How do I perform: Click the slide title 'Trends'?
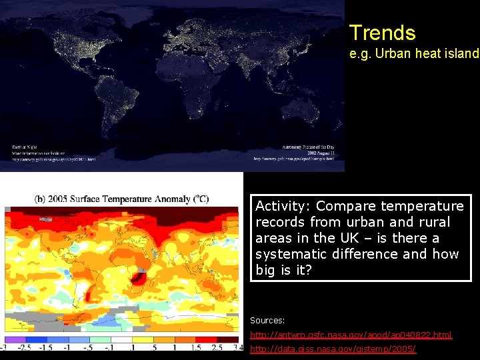tap(382, 33)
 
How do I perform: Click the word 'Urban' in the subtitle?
tap(393, 54)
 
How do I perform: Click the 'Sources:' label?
tap(267, 320)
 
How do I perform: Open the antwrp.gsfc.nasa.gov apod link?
tap(351, 335)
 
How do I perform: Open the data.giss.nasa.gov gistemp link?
tap(333, 349)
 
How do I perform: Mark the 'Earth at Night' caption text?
tap(26, 147)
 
